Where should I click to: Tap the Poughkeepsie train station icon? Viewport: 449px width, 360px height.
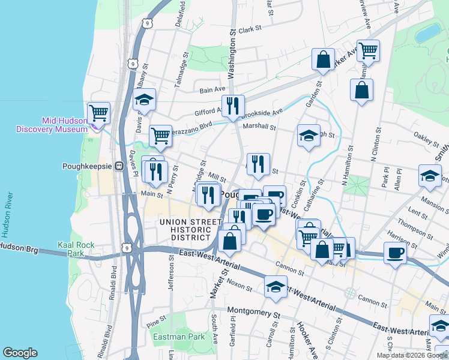[119, 166]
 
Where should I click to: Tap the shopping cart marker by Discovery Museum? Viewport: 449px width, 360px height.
[98, 113]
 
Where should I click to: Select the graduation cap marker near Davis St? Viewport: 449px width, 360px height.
[144, 100]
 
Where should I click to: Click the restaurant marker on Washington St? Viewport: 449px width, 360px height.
[233, 106]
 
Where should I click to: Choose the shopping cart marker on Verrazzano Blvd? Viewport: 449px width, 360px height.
[161, 136]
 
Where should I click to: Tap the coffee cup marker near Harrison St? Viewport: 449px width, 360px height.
[395, 252]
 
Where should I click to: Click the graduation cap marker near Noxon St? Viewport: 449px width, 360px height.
[276, 287]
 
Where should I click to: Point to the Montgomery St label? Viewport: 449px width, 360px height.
[254, 313]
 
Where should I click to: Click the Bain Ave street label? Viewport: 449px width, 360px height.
[211, 90]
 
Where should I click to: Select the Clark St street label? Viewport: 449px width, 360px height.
[250, 28]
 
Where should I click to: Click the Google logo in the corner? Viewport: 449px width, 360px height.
[20, 352]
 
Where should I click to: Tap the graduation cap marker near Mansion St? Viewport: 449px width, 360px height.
[430, 175]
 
